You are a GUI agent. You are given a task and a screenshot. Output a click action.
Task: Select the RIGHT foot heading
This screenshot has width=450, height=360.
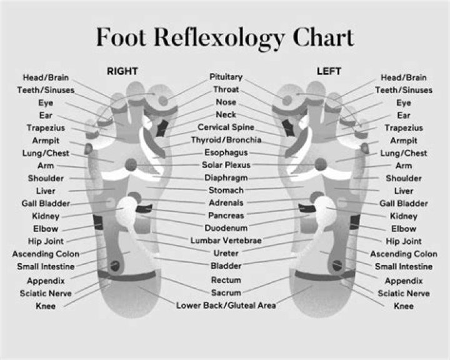coord(122,71)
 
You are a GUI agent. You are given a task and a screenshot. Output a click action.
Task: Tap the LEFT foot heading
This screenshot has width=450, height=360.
coord(329,71)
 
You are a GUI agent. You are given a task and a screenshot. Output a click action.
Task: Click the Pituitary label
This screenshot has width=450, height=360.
coord(226,77)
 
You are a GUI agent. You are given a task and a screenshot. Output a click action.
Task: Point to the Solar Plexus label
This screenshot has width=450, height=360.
coord(226,165)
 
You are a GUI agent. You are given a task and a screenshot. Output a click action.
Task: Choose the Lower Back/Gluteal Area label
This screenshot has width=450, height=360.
coord(226,306)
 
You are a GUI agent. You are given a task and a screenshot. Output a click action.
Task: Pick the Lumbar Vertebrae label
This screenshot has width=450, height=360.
coord(226,240)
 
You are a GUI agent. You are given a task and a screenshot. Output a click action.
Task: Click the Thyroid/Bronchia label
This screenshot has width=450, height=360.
coord(226,140)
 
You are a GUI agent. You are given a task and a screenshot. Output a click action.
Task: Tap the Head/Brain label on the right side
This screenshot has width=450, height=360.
coord(404,78)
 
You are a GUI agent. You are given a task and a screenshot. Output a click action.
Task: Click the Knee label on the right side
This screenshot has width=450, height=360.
coord(403,306)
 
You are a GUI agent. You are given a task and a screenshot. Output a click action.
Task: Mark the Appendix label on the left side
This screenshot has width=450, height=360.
coord(46,281)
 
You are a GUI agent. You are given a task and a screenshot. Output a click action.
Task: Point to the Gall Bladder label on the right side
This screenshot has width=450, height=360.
coord(404,203)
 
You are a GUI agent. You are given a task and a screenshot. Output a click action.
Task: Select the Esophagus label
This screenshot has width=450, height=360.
coord(226,152)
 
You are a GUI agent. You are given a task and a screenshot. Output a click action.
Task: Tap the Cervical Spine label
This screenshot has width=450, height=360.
coord(226,127)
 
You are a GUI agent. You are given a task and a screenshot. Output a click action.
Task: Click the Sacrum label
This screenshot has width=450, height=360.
coord(226,292)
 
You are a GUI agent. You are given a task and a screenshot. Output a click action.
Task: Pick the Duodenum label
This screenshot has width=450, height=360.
coord(226,228)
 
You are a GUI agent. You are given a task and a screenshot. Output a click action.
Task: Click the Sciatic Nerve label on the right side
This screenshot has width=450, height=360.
coord(404,293)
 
